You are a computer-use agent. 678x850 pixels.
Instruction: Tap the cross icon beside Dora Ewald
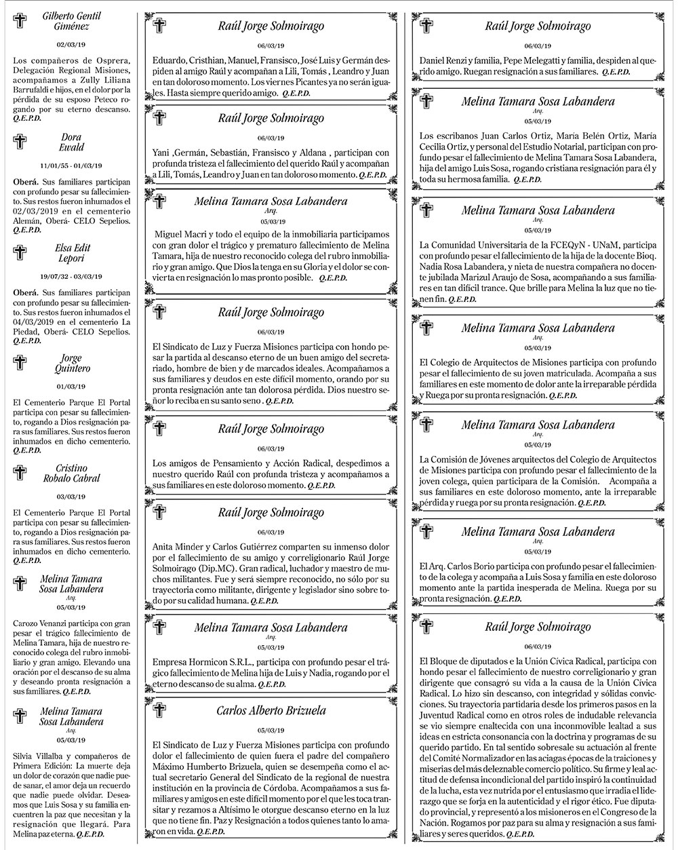[20, 142]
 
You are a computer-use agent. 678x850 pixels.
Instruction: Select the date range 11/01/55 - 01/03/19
[71, 166]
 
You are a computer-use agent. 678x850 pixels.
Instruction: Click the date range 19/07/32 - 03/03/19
[71, 276]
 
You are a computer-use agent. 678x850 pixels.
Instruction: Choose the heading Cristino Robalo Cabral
[72, 474]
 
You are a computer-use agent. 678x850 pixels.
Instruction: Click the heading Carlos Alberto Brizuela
[271, 711]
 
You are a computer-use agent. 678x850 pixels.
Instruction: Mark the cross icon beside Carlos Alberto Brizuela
[160, 711]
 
